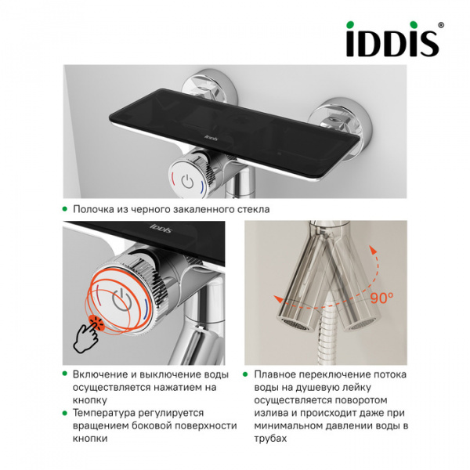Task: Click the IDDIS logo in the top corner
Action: [x=392, y=42]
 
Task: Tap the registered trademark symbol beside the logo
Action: [x=441, y=26]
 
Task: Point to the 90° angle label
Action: [x=381, y=297]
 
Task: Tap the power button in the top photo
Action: [x=186, y=179]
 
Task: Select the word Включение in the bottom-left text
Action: [x=100, y=374]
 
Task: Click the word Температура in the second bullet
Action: [x=106, y=412]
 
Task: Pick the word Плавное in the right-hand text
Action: [x=276, y=374]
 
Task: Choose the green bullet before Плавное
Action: [x=245, y=374]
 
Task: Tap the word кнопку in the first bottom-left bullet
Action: [x=89, y=399]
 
